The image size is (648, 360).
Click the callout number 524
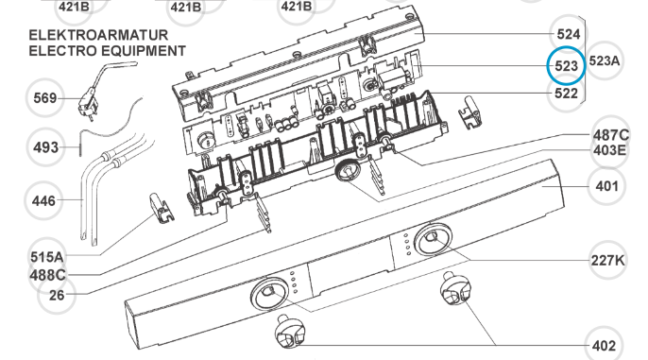pos(569,34)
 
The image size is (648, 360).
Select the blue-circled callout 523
pos(566,66)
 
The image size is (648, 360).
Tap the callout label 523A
pos(605,61)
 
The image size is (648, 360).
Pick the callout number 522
pos(566,94)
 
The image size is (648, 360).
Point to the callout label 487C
pos(611,135)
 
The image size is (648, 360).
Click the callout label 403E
pos(609,150)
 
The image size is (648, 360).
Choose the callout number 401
pos(606,186)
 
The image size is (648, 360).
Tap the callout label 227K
pos(607,261)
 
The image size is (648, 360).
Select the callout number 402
pos(604,346)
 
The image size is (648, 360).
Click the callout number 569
pos(44,98)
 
